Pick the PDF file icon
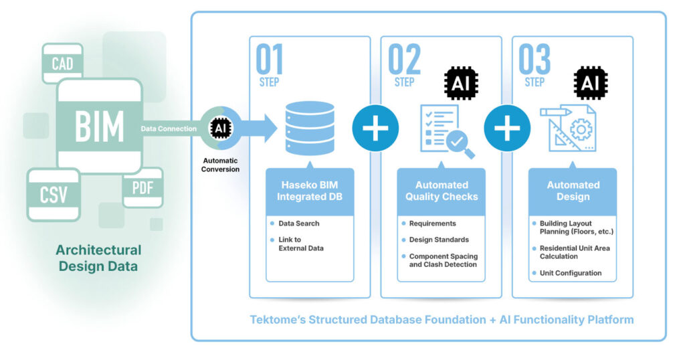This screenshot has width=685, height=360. pyautogui.click(x=142, y=187)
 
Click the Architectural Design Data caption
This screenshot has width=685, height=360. pyautogui.click(x=99, y=258)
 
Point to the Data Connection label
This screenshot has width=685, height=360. pyautogui.click(x=169, y=128)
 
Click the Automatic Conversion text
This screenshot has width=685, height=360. pyautogui.click(x=221, y=165)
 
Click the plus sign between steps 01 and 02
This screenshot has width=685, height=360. pyautogui.click(x=375, y=128)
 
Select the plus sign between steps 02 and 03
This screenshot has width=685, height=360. pyautogui.click(x=507, y=128)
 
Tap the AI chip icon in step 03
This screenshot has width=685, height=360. pyautogui.click(x=592, y=83)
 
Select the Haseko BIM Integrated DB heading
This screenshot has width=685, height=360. pyautogui.click(x=309, y=191)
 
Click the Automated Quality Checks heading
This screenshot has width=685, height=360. pyautogui.click(x=442, y=191)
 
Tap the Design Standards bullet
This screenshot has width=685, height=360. pyautogui.click(x=439, y=240)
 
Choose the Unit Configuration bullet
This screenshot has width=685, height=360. pyautogui.click(x=571, y=273)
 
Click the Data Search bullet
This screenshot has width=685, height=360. pyautogui.click(x=299, y=223)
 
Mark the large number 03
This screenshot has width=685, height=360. pyautogui.click(x=535, y=60)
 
